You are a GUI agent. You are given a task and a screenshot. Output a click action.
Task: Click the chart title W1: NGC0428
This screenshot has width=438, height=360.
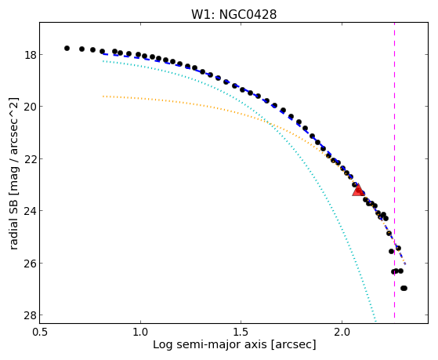tap(233, 15)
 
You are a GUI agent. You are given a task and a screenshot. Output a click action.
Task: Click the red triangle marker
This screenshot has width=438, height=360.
tap(358, 190)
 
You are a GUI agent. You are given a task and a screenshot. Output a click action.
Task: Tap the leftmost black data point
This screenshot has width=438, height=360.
tap(67, 48)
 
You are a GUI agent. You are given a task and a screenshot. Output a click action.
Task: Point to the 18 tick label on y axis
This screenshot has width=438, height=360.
tap(28, 54)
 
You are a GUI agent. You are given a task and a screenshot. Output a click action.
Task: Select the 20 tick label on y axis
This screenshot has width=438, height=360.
tap(28, 107)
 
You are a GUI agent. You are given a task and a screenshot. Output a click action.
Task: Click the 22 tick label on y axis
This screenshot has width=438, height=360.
tap(28, 158)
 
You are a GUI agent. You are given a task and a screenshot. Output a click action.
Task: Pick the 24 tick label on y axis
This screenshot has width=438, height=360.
tap(28, 211)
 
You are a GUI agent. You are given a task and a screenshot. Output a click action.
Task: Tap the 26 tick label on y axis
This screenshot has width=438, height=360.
tap(28, 263)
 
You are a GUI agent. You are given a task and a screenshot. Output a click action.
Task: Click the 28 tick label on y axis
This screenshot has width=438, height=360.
tap(28, 315)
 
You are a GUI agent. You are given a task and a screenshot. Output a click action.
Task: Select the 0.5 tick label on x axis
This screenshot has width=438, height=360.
tap(40, 332)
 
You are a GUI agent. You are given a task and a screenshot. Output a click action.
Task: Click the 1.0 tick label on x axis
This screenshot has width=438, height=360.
tap(140, 332)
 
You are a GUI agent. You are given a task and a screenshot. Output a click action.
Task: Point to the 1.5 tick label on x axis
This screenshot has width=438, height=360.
tap(241, 332)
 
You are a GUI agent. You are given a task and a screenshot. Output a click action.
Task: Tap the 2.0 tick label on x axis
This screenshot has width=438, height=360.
tap(342, 332)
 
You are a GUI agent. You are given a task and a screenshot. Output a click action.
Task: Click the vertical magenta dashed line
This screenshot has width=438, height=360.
tap(394, 170)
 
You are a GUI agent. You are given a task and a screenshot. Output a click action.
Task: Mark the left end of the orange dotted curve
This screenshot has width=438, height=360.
tap(103, 96)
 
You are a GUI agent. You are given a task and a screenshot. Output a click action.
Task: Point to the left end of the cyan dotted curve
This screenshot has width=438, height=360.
tap(103, 61)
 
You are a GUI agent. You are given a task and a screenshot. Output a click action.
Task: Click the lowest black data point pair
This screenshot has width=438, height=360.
tap(404, 288)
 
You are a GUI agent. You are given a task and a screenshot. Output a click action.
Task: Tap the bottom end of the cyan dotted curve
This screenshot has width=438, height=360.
tap(376, 322)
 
